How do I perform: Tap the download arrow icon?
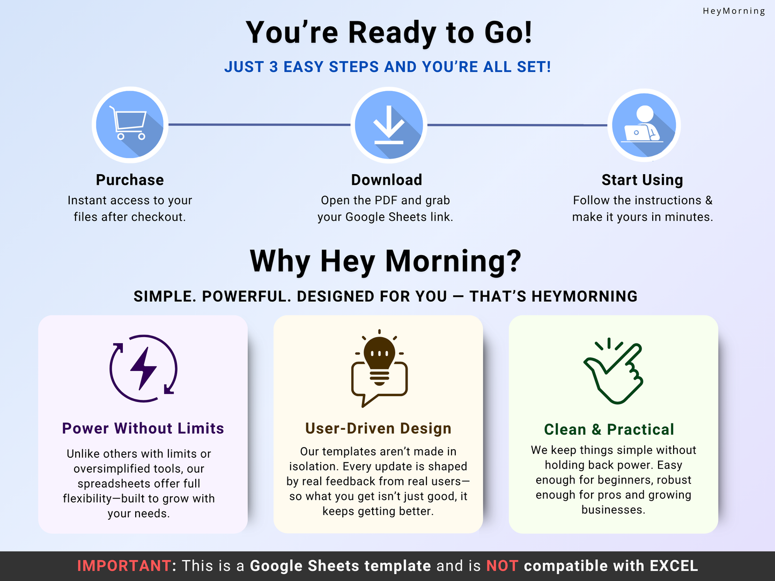coord(389,125)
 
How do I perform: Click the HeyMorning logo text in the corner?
coord(734,11)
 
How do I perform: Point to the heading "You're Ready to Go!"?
coord(389,33)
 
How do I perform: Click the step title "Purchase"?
coord(130,180)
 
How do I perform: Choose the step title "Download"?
coord(387,180)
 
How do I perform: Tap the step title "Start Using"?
coord(642,180)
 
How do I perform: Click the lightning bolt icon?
coord(143,368)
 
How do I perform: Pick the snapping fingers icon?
coord(613,371)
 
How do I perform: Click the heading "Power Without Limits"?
coord(143,428)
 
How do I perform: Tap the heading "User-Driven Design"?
coord(379,428)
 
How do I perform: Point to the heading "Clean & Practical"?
coord(609,429)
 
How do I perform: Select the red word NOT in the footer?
coord(502,566)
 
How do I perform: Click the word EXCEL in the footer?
coord(674,566)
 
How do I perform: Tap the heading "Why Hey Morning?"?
coord(386,262)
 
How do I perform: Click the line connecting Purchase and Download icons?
coord(259,124)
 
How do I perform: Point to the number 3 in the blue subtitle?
coord(274,66)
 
